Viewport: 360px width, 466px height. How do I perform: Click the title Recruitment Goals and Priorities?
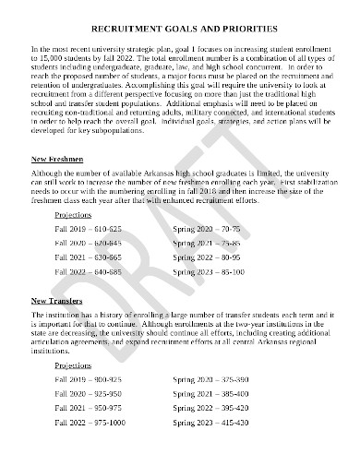pos(179,30)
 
